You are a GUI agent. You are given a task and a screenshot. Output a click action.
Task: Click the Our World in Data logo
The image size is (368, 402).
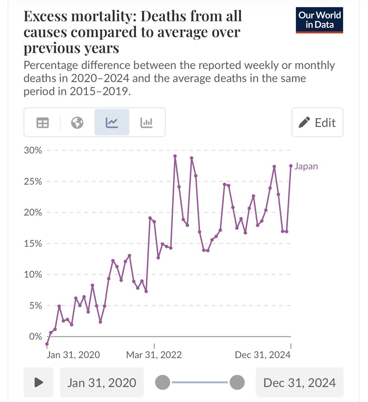click(x=319, y=20)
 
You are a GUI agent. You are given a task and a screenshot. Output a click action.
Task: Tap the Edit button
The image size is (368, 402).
click(x=317, y=123)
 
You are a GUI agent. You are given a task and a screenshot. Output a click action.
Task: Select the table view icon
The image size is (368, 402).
click(x=43, y=123)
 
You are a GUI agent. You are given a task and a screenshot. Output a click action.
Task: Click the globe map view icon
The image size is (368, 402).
click(x=77, y=123)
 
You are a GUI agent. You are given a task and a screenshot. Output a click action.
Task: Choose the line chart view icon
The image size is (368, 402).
click(x=112, y=123)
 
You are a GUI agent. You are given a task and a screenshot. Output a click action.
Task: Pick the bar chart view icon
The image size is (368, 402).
click(x=146, y=123)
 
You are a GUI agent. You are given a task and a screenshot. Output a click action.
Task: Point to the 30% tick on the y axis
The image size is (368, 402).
click(x=33, y=150)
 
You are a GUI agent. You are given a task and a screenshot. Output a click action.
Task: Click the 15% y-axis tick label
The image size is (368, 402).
click(x=33, y=244)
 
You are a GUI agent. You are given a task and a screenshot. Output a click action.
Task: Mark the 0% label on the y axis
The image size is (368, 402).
click(x=35, y=336)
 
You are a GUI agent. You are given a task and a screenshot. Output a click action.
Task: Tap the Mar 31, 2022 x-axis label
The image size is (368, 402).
click(x=154, y=355)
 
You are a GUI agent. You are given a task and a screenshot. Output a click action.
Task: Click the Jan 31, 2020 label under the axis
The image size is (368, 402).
click(x=73, y=355)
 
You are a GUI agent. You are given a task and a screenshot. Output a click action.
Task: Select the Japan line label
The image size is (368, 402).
click(x=306, y=166)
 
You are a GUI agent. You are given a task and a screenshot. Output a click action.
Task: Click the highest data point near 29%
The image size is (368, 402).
click(x=175, y=156)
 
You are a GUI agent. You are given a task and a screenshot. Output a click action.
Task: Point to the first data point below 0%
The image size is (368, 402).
click(x=47, y=344)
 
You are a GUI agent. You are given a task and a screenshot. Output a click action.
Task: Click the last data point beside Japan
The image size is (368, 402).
click(x=291, y=166)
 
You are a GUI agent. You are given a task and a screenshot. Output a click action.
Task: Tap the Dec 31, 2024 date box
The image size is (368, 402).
click(x=299, y=383)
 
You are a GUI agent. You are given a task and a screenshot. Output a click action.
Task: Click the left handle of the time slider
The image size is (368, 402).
click(x=163, y=382)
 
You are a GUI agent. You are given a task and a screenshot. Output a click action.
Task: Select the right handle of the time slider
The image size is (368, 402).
click(x=237, y=382)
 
